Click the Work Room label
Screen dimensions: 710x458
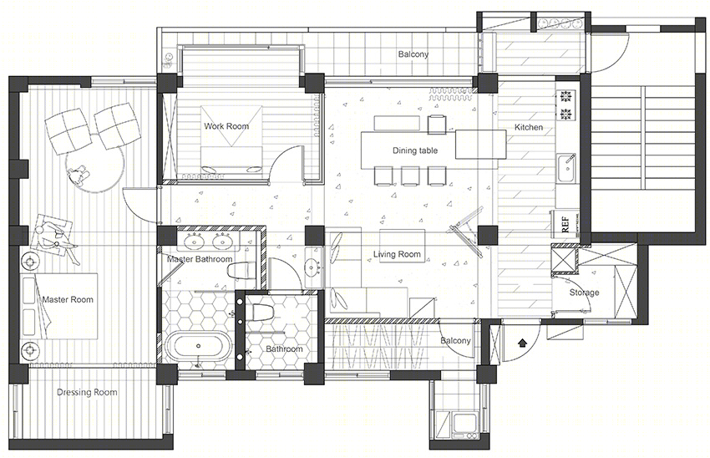coord(226,126)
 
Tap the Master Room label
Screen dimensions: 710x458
coord(68,299)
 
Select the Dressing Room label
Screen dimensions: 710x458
coord(87,392)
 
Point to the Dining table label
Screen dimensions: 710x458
coord(415,150)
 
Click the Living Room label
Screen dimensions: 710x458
coord(397,255)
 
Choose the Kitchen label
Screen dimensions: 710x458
coord(529,127)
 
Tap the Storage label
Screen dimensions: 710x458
coord(584,293)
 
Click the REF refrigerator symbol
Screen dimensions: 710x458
coord(565,224)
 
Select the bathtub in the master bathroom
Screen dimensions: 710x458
coord(199,347)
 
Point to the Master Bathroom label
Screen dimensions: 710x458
coord(200,259)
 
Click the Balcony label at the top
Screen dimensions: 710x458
coord(413,54)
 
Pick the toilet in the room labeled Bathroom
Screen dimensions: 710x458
coord(261,311)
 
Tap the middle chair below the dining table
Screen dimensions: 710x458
coord(410,176)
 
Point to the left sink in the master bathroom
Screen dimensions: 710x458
coord(195,242)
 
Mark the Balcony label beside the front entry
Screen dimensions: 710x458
coord(455,341)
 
